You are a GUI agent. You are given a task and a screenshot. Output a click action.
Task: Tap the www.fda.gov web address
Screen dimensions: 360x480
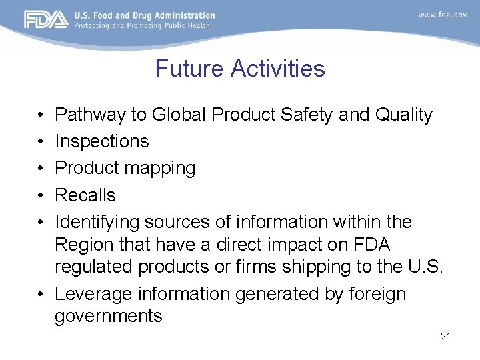point(443,15)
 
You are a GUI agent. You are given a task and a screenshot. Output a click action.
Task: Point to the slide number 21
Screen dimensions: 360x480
point(445,336)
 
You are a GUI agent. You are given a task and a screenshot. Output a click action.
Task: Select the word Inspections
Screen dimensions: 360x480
point(102,141)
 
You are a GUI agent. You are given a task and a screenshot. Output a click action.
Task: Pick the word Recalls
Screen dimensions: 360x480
point(85,195)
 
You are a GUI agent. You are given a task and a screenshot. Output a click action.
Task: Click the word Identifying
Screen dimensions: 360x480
point(97,222)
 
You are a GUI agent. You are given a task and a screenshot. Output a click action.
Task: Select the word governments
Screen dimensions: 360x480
point(109,316)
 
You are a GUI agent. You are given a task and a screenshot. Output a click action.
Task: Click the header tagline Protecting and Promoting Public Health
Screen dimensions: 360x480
point(142,25)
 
